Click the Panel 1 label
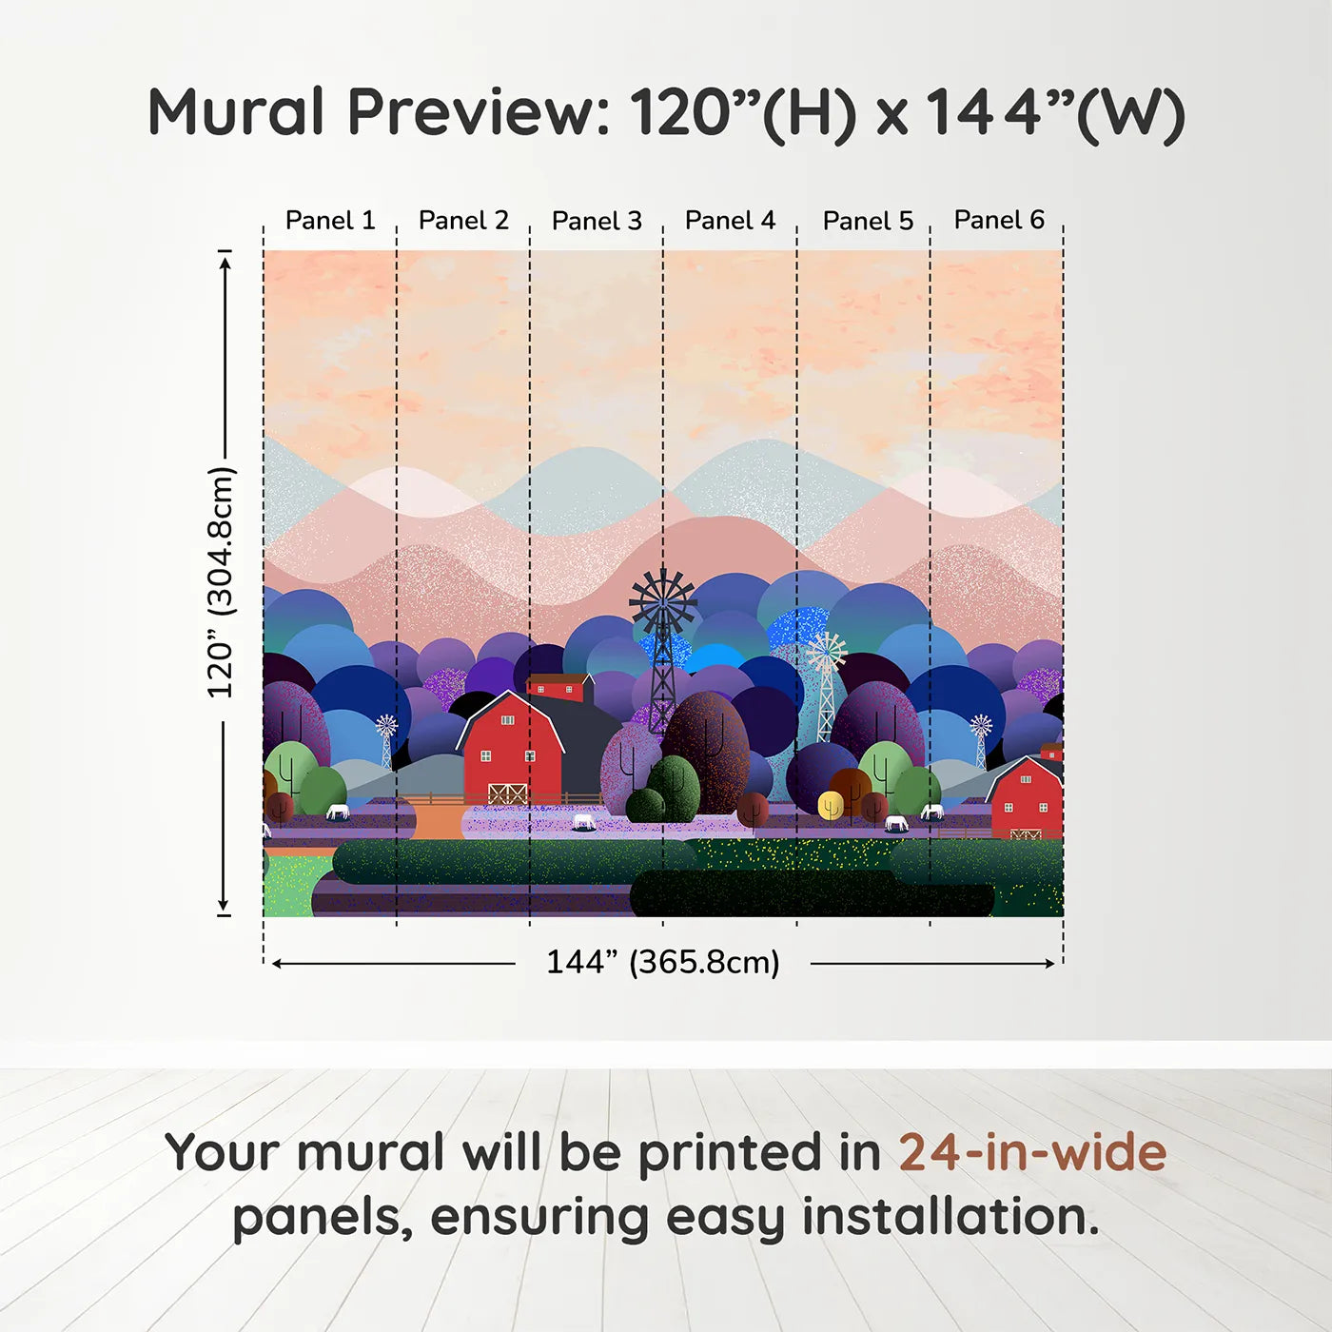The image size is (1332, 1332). [x=330, y=221]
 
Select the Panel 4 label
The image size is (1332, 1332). [x=730, y=221]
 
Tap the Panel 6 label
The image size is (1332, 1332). [x=999, y=221]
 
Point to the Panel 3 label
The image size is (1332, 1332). [x=597, y=221]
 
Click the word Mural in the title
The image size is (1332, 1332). [x=237, y=112]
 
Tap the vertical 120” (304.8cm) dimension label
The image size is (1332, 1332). [x=221, y=582]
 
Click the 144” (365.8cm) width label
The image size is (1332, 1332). [x=662, y=962]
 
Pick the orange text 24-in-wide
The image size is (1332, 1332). [x=1032, y=1153]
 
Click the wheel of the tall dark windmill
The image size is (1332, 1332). [x=662, y=600]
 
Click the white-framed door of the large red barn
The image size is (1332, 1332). [x=507, y=793]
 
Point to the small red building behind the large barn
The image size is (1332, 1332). [x=559, y=687]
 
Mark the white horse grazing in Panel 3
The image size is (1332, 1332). [x=583, y=821]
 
